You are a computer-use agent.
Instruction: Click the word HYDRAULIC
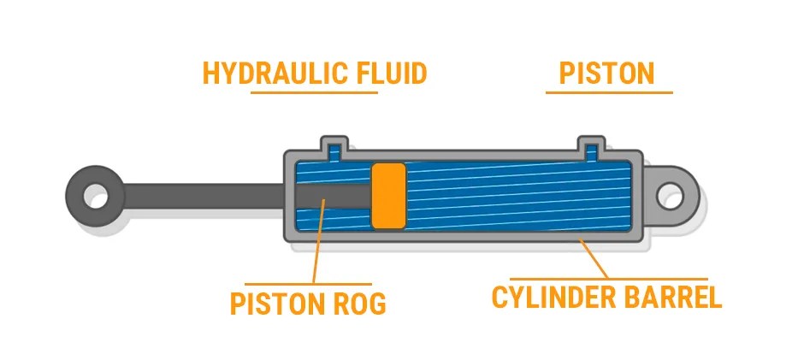[268, 74]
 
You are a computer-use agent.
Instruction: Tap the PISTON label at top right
[606, 74]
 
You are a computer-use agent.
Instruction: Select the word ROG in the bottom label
[360, 304]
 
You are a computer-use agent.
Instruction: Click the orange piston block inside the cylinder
[388, 195]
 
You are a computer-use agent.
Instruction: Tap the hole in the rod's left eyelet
[96, 196]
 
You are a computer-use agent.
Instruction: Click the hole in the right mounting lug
[671, 197]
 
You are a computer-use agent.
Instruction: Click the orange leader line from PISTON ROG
[319, 241]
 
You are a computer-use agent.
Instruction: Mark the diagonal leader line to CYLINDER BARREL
[594, 259]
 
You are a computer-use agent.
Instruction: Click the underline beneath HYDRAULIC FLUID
[314, 93]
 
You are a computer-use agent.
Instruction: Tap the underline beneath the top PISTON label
[609, 93]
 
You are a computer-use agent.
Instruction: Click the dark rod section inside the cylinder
[334, 196]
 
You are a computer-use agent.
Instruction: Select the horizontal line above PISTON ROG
[308, 284]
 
